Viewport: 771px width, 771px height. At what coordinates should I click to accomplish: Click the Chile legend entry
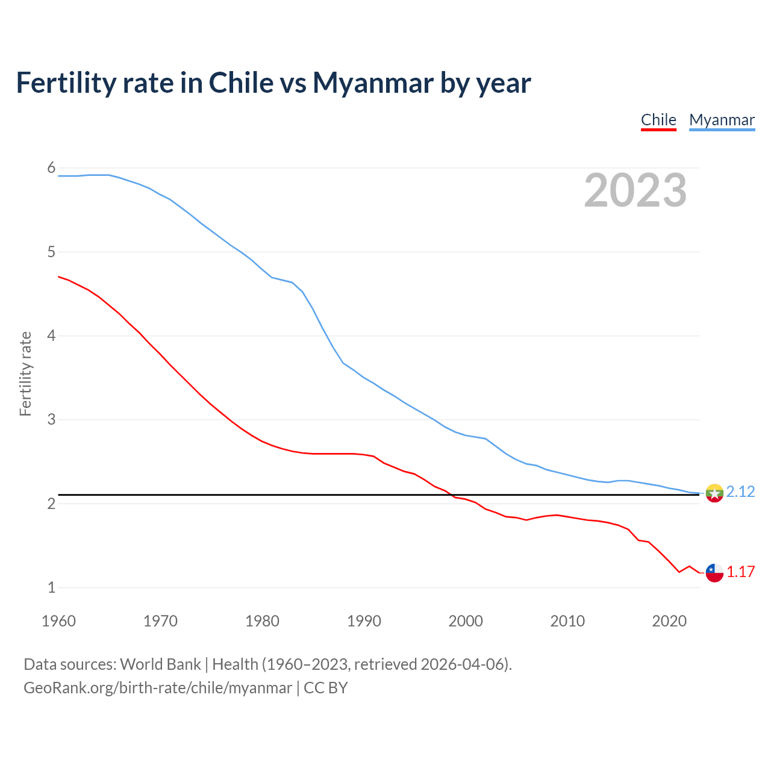[x=658, y=120]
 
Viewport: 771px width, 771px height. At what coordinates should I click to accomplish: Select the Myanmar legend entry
[x=722, y=120]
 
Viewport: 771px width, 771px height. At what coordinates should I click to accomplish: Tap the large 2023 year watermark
[x=635, y=190]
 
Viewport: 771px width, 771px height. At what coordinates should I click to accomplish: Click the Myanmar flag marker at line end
[x=714, y=493]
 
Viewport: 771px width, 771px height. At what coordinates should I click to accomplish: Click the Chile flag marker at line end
[x=714, y=572]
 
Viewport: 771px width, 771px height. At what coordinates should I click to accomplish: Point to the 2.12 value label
[x=740, y=492]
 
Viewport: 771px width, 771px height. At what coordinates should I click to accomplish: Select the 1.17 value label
[x=740, y=572]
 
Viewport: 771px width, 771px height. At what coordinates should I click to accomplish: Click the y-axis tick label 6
[x=51, y=168]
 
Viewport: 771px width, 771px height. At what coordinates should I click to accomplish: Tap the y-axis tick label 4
[x=51, y=336]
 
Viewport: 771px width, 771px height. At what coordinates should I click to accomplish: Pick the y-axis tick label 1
[x=51, y=587]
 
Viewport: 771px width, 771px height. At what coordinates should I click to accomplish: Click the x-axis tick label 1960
[x=58, y=621]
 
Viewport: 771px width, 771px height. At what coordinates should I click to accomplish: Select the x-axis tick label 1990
[x=364, y=621]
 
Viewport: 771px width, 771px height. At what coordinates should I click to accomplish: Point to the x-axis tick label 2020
[x=669, y=621]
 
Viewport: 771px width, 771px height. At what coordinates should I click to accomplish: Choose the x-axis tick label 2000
[x=466, y=621]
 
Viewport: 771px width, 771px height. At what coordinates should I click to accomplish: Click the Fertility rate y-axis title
[x=25, y=373]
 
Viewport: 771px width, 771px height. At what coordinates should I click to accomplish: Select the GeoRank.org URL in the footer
[x=158, y=688]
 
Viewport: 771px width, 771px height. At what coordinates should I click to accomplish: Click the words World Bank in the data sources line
[x=160, y=664]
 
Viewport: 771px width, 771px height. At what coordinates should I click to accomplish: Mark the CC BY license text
[x=326, y=688]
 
